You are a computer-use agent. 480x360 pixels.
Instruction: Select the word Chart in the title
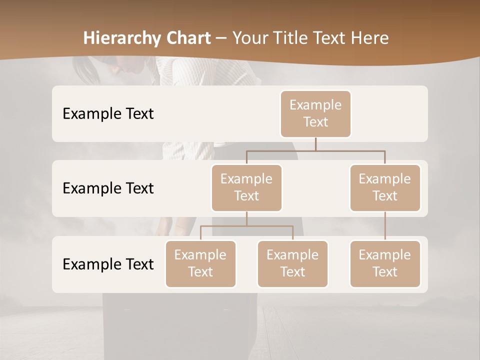coord(187,38)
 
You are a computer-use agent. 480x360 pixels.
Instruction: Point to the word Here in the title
coord(369,38)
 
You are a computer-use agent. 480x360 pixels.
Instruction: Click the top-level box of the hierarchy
coord(315,113)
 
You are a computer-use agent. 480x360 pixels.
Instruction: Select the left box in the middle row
coord(246,187)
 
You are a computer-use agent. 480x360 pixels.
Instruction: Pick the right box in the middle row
coord(385,187)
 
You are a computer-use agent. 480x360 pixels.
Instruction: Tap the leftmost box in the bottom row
coord(200,263)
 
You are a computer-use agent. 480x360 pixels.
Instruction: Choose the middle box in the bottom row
coord(292,263)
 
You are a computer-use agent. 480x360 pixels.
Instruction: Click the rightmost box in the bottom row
coord(385,263)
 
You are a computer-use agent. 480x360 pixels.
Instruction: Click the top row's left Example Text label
coord(108,113)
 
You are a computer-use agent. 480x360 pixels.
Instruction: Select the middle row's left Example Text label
coord(108,188)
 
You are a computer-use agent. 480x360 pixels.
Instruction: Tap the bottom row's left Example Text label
coord(108,264)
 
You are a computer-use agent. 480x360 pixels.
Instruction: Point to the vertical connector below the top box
coord(315,144)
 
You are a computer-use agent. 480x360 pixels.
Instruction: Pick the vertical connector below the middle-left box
coord(246,218)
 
